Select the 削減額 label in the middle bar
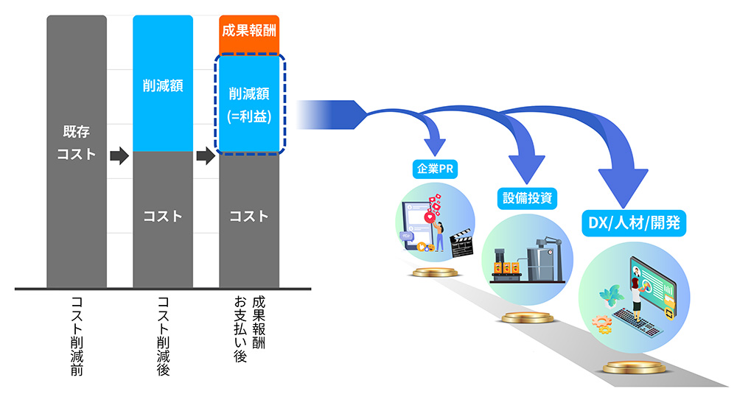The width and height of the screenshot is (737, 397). click(x=162, y=85)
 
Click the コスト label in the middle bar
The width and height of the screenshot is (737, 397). click(x=162, y=217)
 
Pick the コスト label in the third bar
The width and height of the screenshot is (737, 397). click(x=249, y=217)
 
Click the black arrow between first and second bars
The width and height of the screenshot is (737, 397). click(x=119, y=156)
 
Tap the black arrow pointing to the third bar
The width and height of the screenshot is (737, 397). click(x=206, y=156)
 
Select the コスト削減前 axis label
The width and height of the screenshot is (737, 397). click(x=76, y=335)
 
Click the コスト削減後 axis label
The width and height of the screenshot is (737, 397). click(x=163, y=335)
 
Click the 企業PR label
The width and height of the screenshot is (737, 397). click(x=435, y=169)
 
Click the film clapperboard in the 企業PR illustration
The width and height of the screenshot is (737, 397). click(x=462, y=244)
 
